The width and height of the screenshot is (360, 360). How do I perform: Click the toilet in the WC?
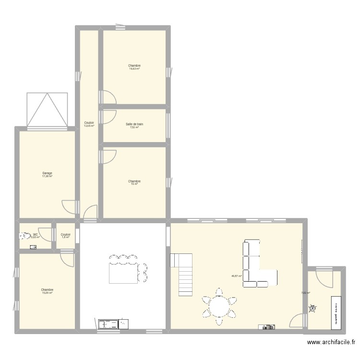(23, 236)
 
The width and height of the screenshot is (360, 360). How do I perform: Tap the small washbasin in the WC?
(33, 247)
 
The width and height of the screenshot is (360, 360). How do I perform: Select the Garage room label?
(47, 173)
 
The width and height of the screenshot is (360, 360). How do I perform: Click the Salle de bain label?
(134, 124)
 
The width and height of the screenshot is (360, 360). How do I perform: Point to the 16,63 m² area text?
(134, 69)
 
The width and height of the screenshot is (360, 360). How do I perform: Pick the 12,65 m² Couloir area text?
(89, 126)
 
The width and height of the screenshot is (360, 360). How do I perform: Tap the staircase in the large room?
(182, 275)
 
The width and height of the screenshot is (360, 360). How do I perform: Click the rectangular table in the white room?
(124, 273)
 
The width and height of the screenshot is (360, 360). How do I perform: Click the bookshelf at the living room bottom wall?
(267, 327)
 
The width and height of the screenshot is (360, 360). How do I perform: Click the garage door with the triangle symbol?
(47, 109)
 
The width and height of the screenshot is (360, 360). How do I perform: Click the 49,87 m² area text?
(236, 276)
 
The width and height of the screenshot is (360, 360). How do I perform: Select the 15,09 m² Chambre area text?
(47, 293)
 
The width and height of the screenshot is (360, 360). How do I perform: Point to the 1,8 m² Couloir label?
(66, 237)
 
